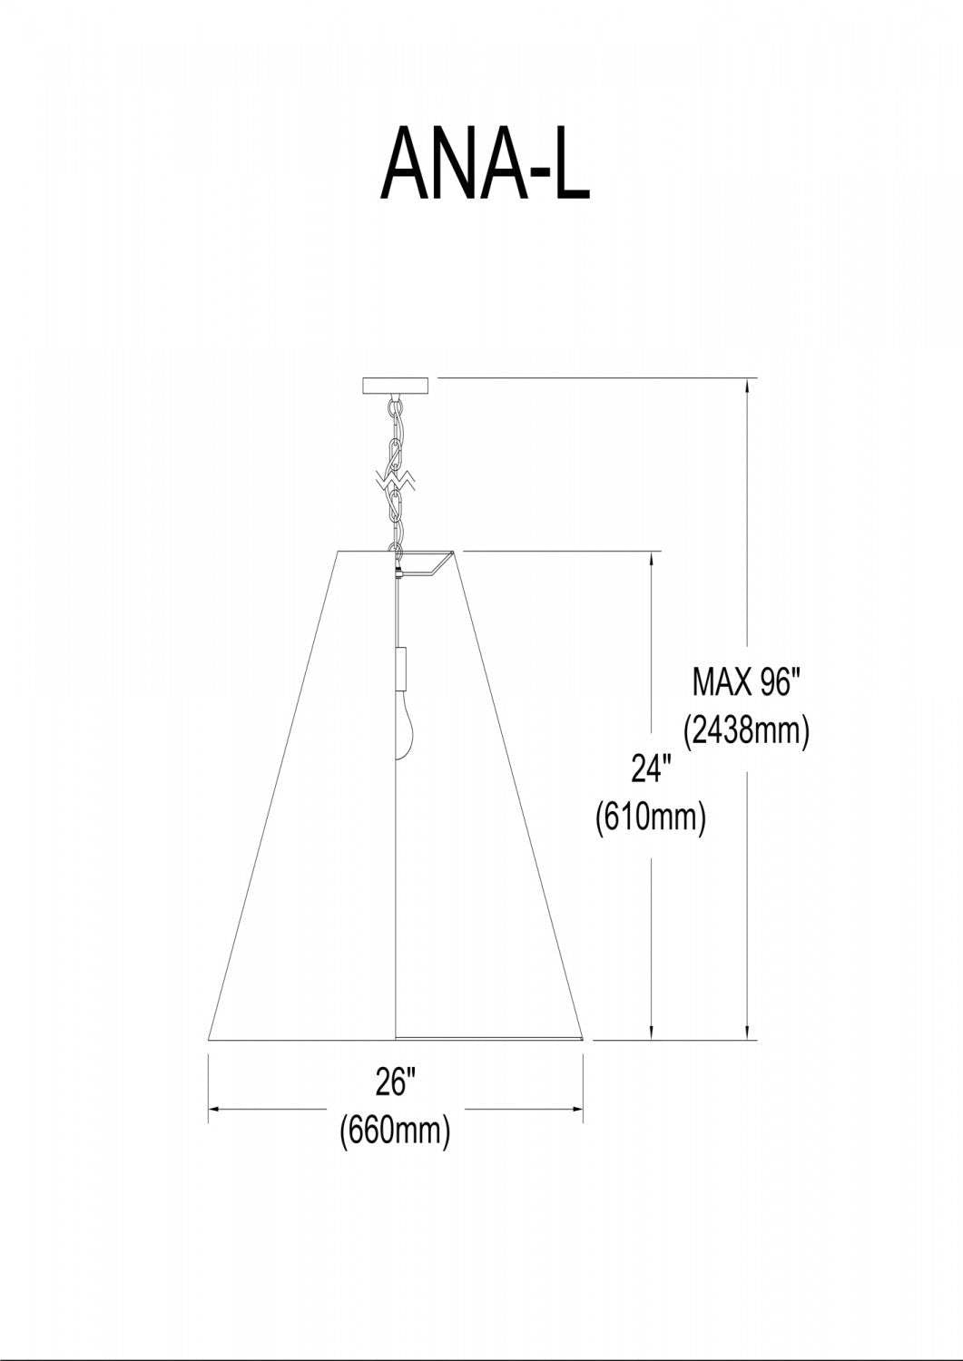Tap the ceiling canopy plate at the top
[x=395, y=386]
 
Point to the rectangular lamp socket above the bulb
[x=402, y=669]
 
